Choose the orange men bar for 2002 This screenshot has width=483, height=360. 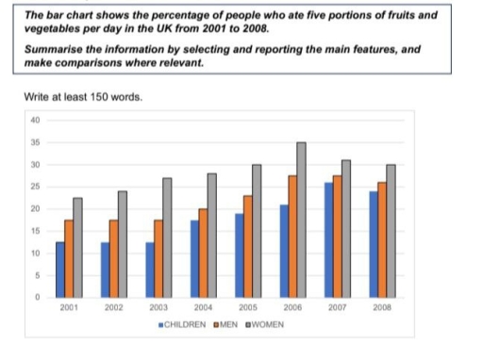pyautogui.click(x=111, y=258)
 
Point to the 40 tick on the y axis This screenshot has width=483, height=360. pyautogui.click(x=36, y=120)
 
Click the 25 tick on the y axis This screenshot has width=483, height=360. pyautogui.click(x=36, y=187)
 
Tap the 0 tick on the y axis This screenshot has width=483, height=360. pyautogui.click(x=38, y=298)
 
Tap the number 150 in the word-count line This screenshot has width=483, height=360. pyautogui.click(x=95, y=98)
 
